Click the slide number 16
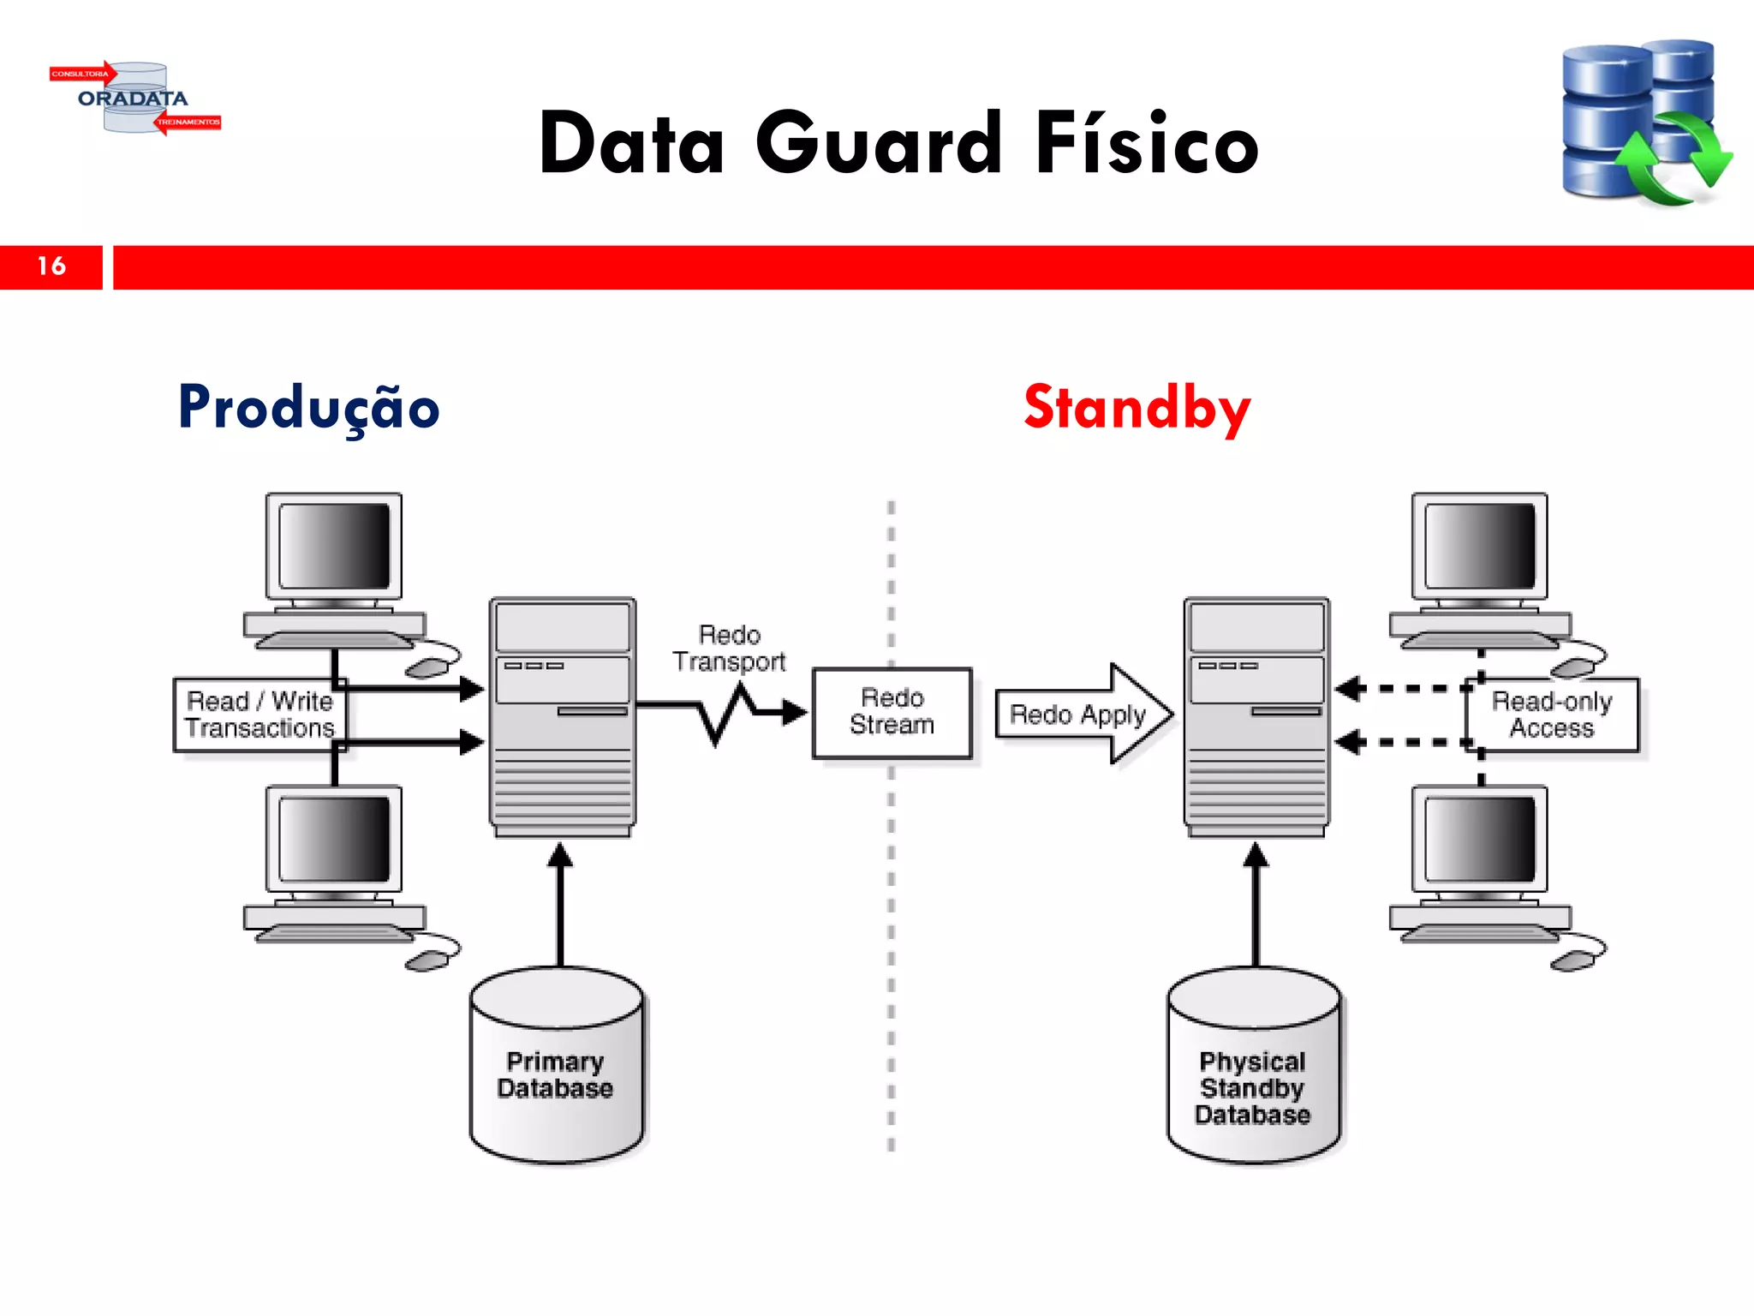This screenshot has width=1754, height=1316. [51, 266]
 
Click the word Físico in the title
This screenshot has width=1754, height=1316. [1148, 144]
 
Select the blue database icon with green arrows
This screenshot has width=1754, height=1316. [1644, 122]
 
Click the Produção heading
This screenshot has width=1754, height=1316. [308, 408]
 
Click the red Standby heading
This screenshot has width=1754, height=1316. [1137, 408]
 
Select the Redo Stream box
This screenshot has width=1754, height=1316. [892, 712]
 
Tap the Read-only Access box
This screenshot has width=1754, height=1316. [1552, 715]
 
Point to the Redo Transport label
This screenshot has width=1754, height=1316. [729, 649]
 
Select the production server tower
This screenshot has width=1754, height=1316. [563, 716]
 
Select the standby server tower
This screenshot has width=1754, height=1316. [1256, 716]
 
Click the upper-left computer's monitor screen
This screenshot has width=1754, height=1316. [334, 546]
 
